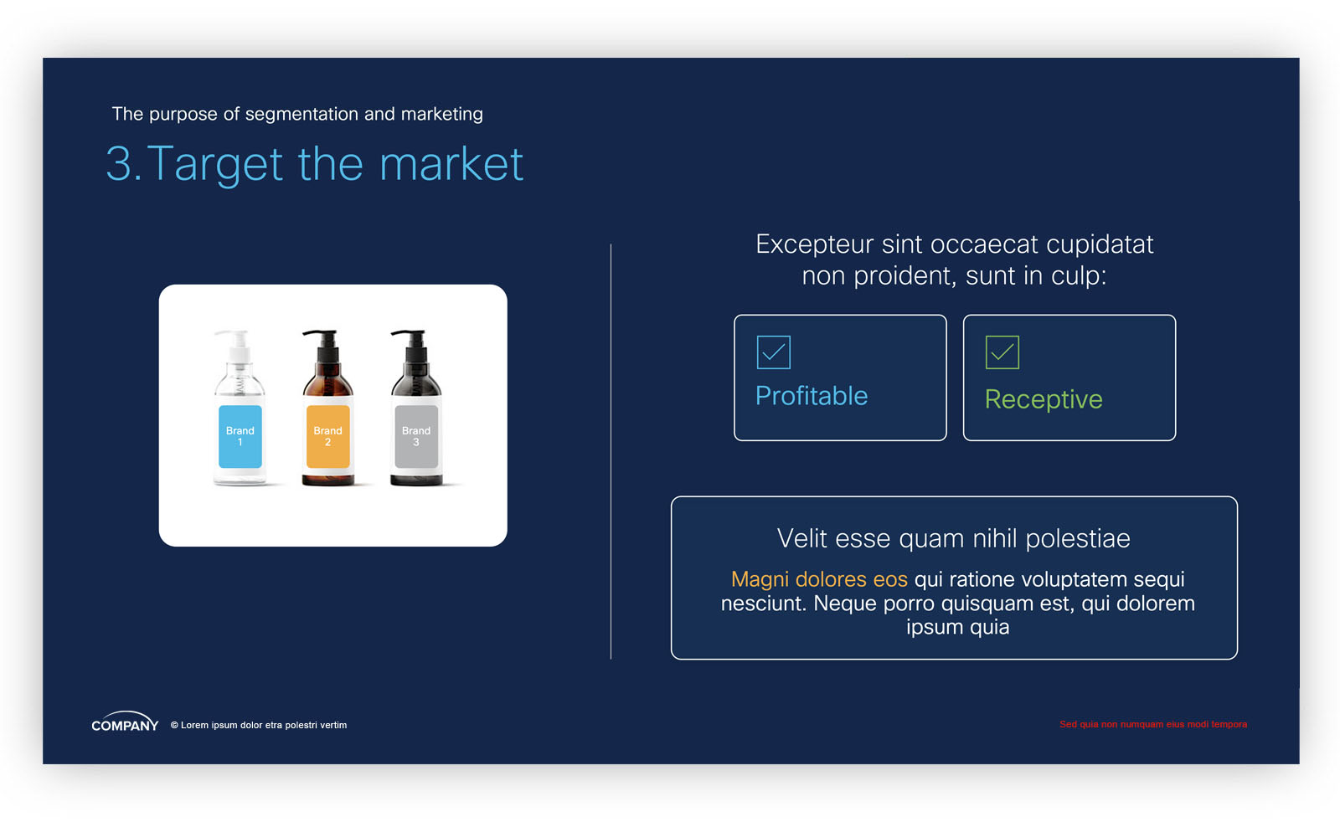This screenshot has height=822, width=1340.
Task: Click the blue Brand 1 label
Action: click(x=240, y=436)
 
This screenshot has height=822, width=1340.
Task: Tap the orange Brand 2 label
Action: click(x=327, y=436)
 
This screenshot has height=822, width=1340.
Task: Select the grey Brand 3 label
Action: click(x=415, y=436)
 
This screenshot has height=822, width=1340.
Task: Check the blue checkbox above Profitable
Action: click(x=774, y=352)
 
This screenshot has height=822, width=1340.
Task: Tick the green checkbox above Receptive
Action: click(x=1002, y=352)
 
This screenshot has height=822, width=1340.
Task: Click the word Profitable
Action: click(x=812, y=396)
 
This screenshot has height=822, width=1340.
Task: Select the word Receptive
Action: click(x=1044, y=399)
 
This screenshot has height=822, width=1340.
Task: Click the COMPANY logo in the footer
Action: click(x=125, y=722)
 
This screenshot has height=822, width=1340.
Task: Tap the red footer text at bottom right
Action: click(x=1152, y=725)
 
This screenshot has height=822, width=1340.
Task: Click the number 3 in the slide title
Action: click(x=119, y=163)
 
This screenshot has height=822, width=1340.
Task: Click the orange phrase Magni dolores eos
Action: click(x=819, y=579)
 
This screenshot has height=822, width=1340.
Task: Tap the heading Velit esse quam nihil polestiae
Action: click(x=954, y=538)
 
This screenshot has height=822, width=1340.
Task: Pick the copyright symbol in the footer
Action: click(x=175, y=725)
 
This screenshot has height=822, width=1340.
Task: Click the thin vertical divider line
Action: click(x=611, y=451)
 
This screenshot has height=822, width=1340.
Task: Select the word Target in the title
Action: click(x=214, y=164)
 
